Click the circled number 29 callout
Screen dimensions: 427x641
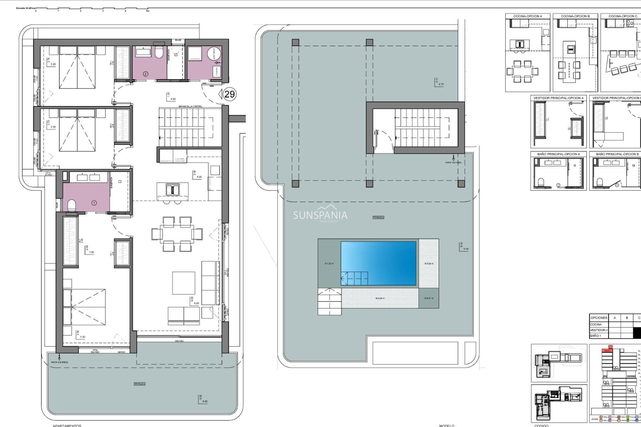point(229,94)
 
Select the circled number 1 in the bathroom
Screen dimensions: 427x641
point(94,202)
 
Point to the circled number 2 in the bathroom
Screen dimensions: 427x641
point(146,74)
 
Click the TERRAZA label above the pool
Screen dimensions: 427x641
point(378,218)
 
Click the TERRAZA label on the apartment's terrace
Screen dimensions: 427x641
point(140,384)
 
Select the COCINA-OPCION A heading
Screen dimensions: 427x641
point(527,16)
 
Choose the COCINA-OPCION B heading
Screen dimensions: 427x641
point(575,16)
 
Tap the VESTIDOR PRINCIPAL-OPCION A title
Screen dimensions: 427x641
point(558,98)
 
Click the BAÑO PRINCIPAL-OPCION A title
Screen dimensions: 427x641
point(558,154)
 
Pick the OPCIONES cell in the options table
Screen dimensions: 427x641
point(599,318)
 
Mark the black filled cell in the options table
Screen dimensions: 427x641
point(637,333)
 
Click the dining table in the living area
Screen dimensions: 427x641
point(177,234)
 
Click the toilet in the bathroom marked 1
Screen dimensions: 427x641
point(72,204)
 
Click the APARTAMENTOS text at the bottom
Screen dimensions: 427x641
point(67,425)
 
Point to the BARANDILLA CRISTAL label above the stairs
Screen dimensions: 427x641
point(190,106)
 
